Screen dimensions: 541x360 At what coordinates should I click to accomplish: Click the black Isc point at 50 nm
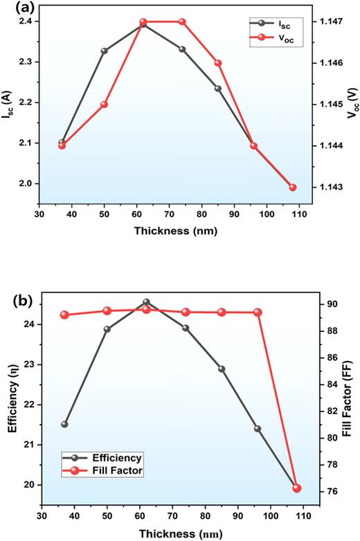[105, 51]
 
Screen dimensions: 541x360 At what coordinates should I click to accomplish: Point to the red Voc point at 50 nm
[105, 105]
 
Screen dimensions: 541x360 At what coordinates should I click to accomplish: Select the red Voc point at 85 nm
[218, 63]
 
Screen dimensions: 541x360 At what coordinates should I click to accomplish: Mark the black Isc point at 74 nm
[183, 49]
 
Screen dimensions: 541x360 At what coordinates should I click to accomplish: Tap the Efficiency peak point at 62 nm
[146, 302]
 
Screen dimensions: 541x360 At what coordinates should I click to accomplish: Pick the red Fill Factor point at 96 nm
[258, 312]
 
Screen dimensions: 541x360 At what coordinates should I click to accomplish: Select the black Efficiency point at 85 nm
[222, 369]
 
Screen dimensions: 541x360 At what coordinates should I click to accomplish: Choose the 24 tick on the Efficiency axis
[31, 324]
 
